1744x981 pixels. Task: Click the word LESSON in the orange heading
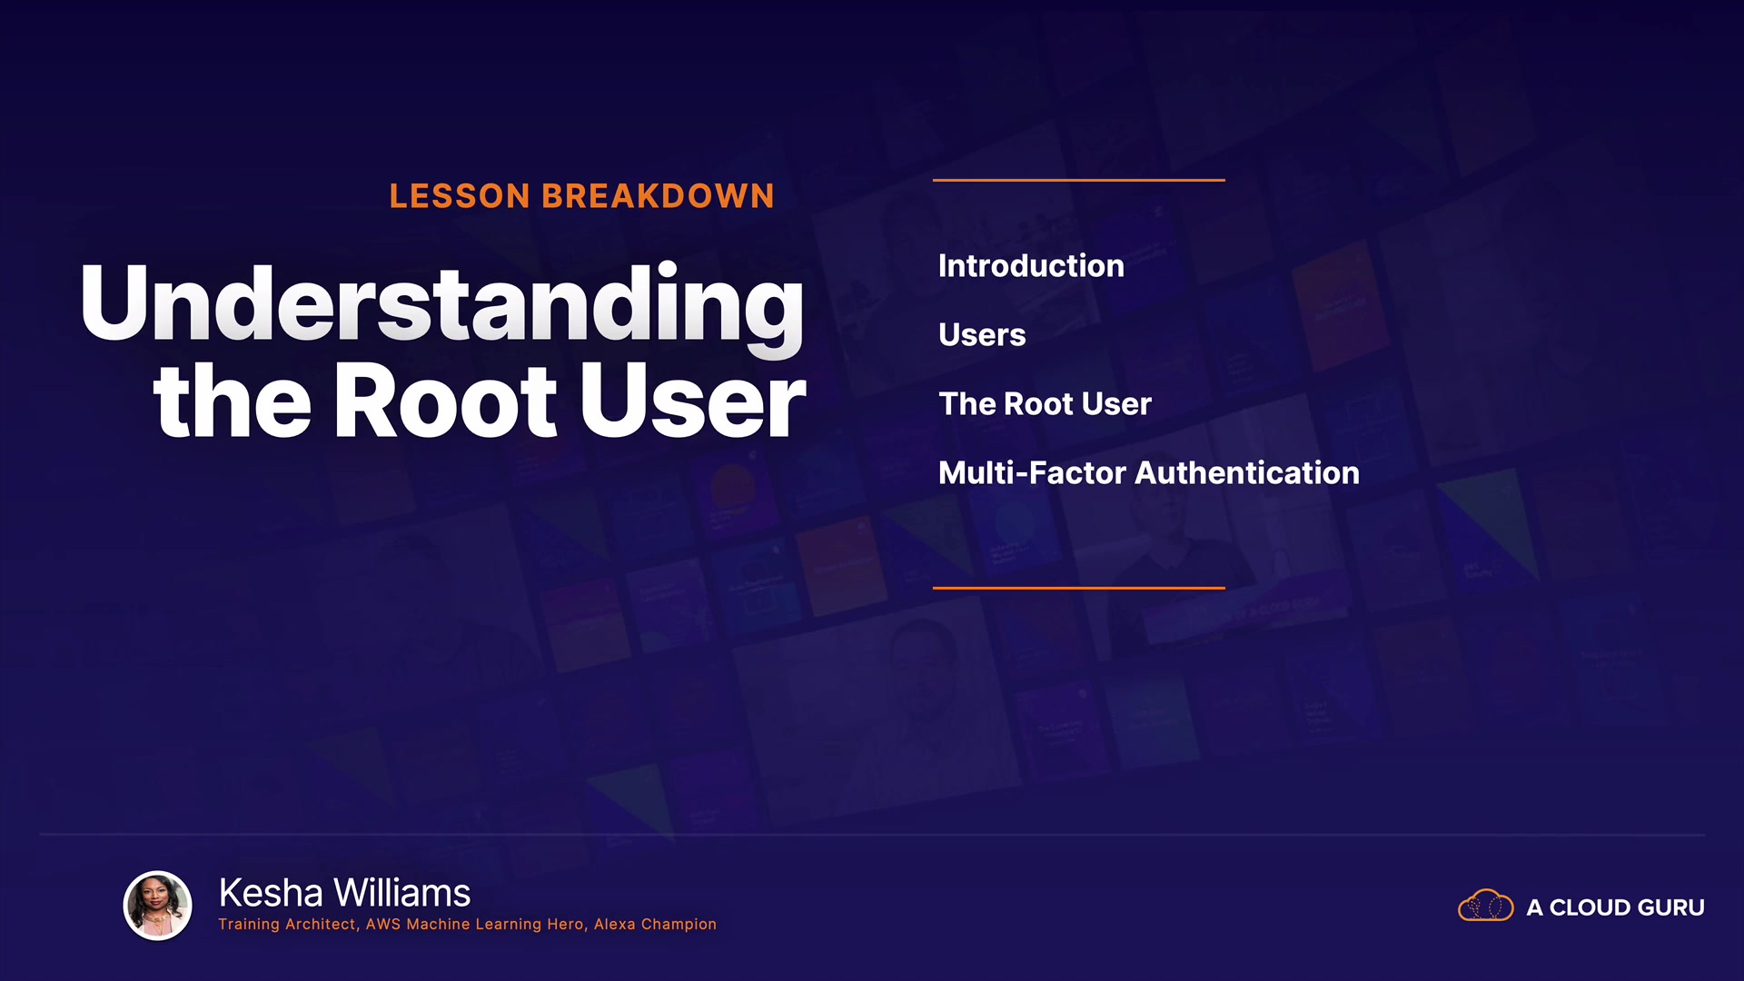460,196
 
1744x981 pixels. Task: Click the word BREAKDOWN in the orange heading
659,196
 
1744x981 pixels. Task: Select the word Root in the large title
446,401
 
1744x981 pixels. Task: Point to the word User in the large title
693,401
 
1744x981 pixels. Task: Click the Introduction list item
1031,266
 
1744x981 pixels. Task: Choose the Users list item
982,335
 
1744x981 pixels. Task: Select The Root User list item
1045,404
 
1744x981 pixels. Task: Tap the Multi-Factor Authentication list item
1149,473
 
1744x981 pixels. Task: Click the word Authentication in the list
1247,473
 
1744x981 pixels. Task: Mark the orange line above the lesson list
1079,180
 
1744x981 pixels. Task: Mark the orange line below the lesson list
1079,588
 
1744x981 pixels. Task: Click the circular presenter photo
158,905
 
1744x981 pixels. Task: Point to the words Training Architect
287,925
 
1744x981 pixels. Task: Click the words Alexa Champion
655,925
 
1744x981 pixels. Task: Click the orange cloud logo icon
1486,906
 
